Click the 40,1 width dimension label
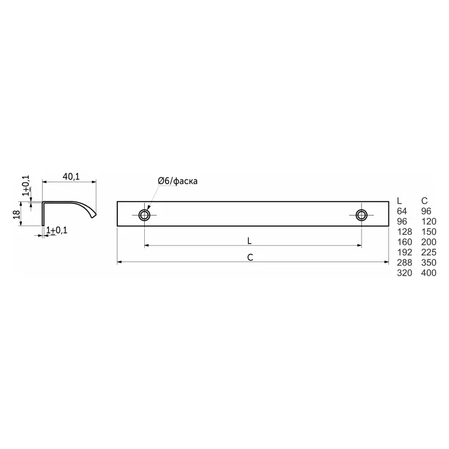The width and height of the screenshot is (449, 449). [71, 177]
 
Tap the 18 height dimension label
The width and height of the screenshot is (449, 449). [17, 214]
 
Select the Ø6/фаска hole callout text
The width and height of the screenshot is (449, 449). [177, 181]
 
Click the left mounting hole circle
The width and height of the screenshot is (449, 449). [144, 215]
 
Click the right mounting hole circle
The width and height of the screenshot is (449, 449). [361, 215]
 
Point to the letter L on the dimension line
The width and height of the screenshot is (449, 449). [249, 241]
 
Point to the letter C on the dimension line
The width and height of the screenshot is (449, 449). [250, 258]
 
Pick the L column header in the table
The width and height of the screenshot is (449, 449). [400, 201]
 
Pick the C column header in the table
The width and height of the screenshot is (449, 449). [424, 201]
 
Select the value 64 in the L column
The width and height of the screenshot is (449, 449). [402, 211]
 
